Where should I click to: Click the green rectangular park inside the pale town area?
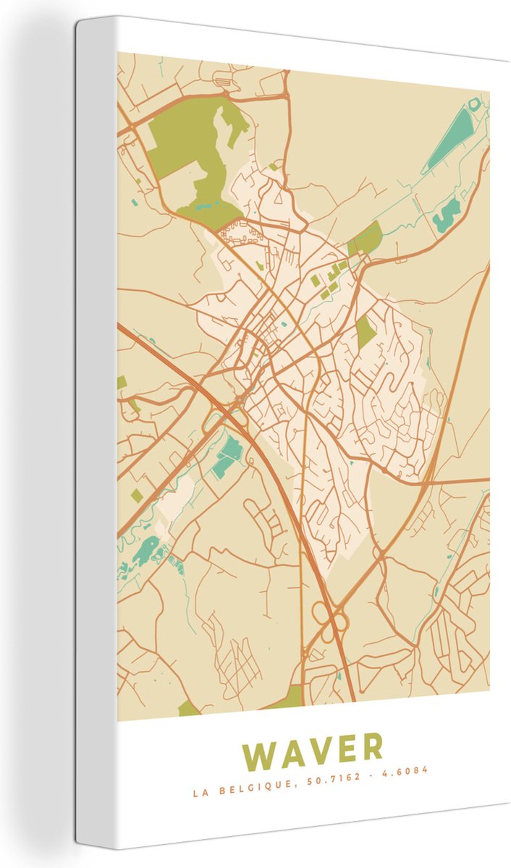366,331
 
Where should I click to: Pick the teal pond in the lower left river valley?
148,550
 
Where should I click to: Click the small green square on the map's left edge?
122,382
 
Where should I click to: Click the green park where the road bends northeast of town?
366,238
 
